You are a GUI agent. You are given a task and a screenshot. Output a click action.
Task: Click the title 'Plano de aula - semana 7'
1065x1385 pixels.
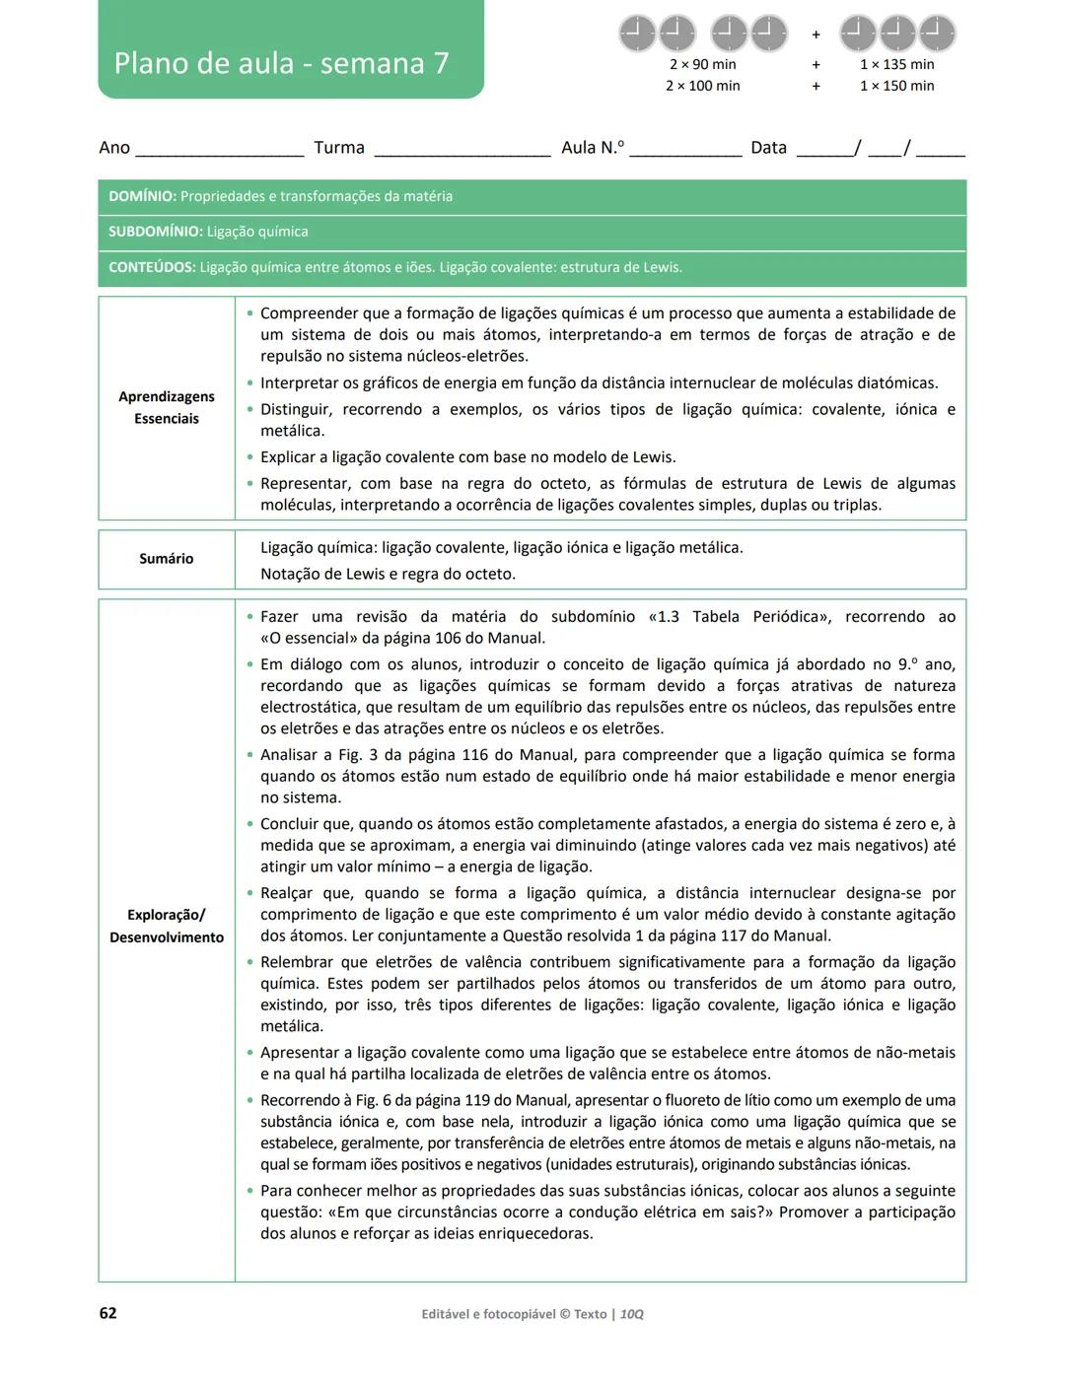[281, 64]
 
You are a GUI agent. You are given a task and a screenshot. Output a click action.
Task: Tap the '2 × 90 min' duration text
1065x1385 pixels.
[702, 65]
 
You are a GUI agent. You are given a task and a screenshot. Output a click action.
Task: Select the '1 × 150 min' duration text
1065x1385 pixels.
[896, 87]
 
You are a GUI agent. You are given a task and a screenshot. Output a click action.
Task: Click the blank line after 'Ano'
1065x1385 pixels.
[219, 152]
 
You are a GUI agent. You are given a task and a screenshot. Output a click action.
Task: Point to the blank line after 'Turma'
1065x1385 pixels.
[461, 152]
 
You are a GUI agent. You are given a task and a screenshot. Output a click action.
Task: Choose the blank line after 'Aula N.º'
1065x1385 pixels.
[685, 152]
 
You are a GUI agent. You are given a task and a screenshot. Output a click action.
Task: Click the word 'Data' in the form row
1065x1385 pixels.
[768, 148]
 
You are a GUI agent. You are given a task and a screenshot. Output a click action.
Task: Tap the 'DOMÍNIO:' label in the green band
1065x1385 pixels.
[143, 197]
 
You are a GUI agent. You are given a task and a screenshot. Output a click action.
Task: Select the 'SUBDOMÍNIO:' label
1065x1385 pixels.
[156, 233]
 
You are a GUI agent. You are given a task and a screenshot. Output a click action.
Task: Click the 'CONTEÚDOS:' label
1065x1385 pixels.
[152, 268]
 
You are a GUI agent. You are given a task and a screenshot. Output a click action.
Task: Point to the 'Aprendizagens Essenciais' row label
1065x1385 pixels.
[167, 408]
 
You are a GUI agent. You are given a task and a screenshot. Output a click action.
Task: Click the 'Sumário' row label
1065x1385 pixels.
[167, 559]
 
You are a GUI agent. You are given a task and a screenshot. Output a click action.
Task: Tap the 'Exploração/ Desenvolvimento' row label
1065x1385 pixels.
[167, 927]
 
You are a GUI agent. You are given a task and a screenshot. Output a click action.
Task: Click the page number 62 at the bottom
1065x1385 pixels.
[107, 1313]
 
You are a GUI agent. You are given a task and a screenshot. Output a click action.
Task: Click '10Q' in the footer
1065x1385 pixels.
[632, 1314]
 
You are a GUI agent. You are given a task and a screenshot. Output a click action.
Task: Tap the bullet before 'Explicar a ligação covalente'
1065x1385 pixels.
[249, 457]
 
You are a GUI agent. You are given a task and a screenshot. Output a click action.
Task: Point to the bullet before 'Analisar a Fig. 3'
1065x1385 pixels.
[249, 755]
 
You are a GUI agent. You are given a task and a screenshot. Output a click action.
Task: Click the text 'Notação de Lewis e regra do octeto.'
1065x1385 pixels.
[388, 575]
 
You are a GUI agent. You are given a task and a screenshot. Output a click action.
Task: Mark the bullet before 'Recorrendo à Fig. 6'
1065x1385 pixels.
[249, 1101]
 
